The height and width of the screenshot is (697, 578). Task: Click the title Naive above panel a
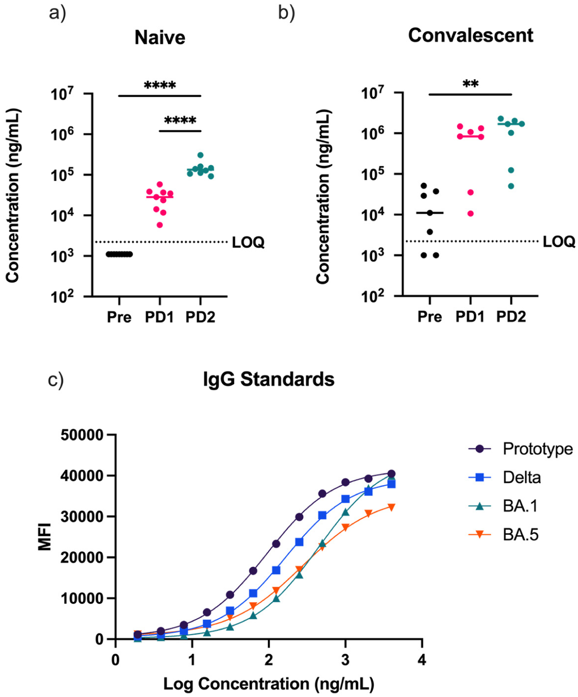click(160, 38)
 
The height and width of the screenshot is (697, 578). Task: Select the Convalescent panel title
click(470, 36)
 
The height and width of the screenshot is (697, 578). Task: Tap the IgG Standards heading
click(268, 379)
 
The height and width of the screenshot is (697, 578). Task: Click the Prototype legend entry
click(537, 449)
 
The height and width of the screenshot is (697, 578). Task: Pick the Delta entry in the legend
click(521, 477)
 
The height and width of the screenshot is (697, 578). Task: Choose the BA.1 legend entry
click(520, 506)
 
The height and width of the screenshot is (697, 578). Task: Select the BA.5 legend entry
click(520, 535)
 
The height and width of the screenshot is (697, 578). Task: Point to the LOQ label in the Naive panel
click(248, 242)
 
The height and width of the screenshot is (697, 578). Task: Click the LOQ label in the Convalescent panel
click(559, 242)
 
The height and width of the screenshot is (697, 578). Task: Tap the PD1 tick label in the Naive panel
click(160, 317)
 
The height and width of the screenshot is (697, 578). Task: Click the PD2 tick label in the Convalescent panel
click(511, 317)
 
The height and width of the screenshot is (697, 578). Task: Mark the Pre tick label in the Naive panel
click(119, 317)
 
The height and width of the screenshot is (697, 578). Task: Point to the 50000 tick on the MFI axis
click(82, 435)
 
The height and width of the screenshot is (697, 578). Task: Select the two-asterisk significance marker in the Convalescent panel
click(470, 84)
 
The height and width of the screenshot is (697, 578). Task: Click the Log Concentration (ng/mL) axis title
click(268, 684)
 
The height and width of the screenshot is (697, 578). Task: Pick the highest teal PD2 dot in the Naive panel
click(200, 155)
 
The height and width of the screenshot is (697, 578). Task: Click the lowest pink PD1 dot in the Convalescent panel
click(470, 213)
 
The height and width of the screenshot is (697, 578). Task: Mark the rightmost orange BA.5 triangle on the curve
click(391, 507)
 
